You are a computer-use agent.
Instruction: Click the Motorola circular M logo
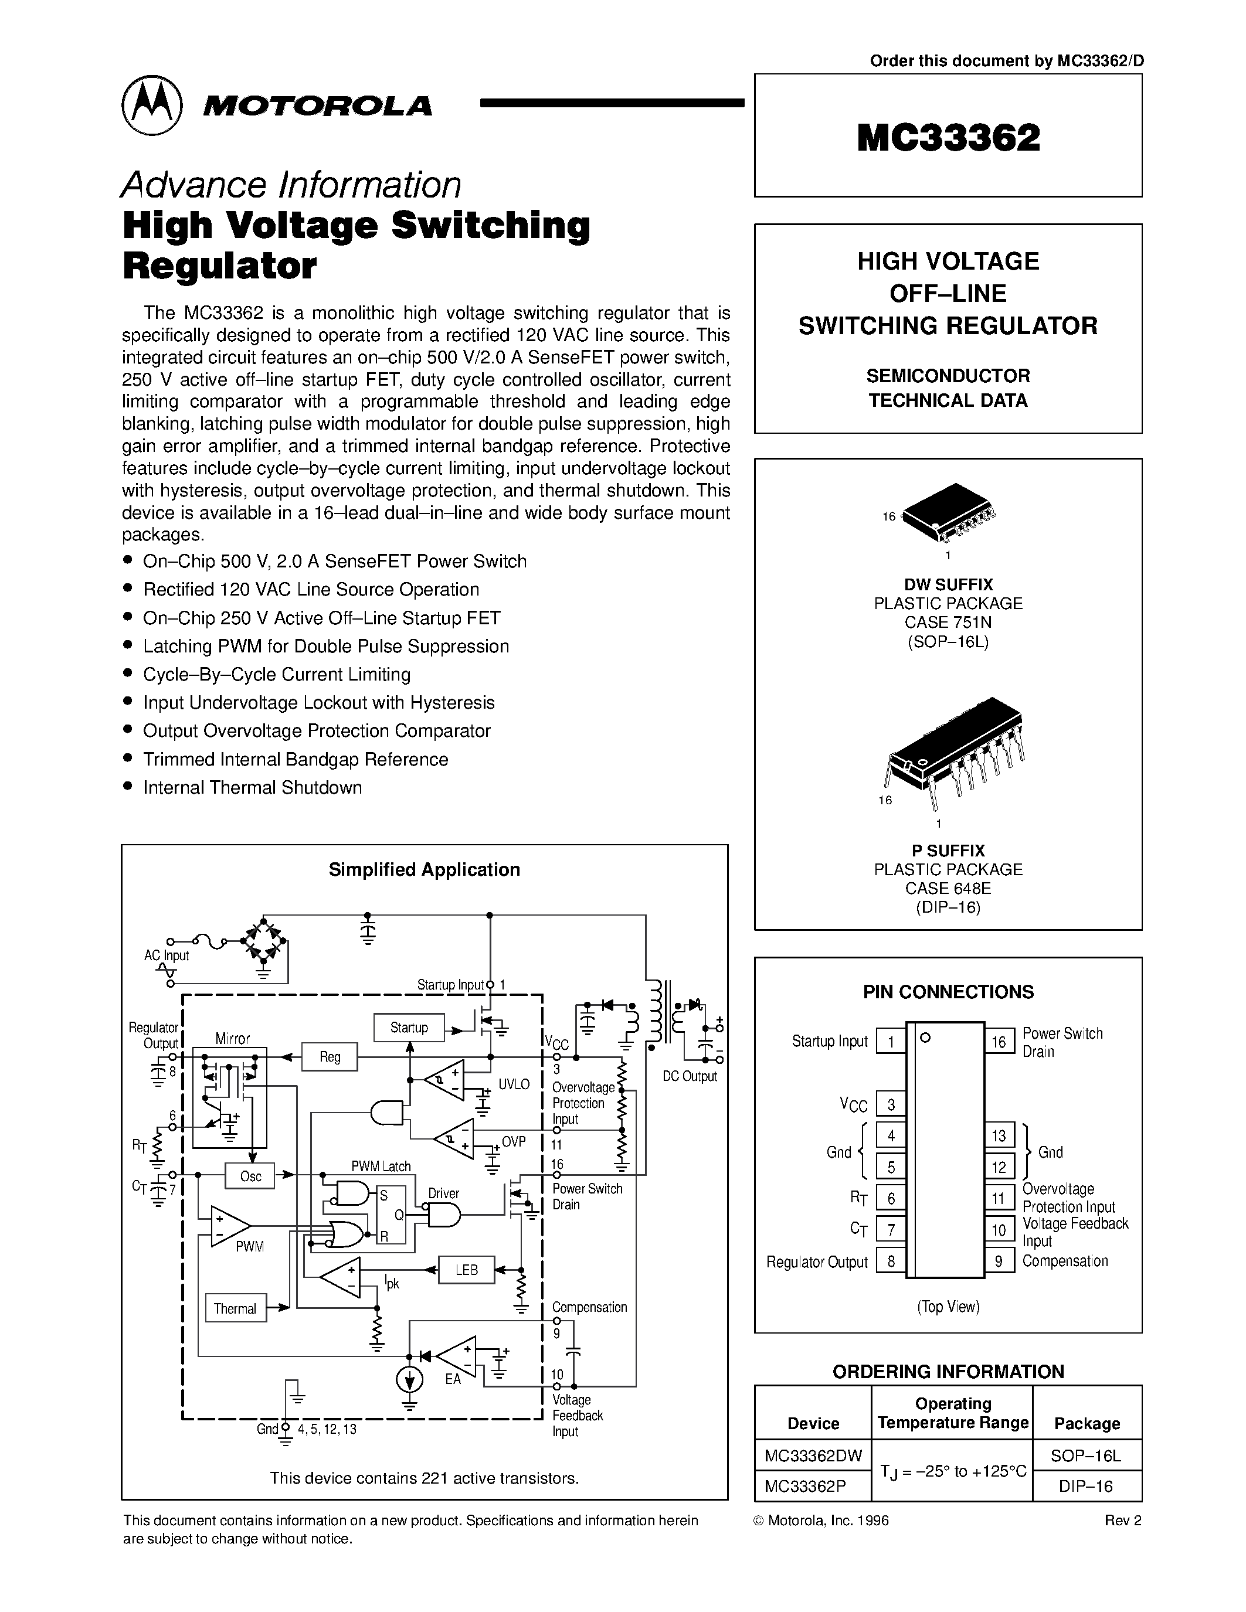(151, 105)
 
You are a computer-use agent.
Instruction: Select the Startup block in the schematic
(409, 1028)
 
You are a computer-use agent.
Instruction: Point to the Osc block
(250, 1176)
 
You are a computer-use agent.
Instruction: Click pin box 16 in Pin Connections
(999, 1042)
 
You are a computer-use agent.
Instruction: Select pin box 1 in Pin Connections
(891, 1042)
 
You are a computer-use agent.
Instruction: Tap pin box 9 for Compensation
(999, 1261)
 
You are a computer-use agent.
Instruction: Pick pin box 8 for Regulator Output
(891, 1261)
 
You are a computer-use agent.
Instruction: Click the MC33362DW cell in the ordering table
(813, 1455)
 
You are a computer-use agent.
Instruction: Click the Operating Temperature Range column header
(952, 1413)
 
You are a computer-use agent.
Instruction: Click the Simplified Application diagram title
(424, 869)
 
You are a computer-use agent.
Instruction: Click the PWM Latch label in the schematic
(381, 1166)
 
